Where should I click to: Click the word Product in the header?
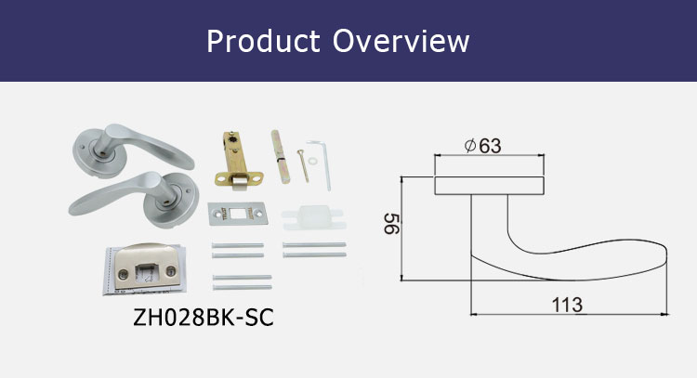pos(263,41)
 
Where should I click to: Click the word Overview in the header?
pos(401,41)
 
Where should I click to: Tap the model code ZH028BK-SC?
pos(204,317)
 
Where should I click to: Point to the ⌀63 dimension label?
pos(482,146)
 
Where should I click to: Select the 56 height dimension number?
pos(391,224)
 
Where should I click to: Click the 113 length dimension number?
pos(567,305)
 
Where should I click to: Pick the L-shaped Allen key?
pos(321,163)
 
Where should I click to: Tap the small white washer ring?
pos(312,160)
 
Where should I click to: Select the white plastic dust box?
pos(313,216)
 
